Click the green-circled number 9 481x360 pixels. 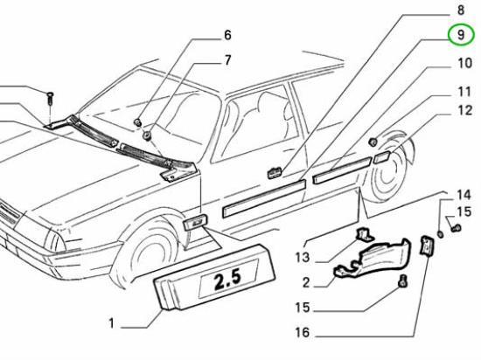pyautogui.click(x=461, y=35)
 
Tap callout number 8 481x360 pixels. pyautogui.click(x=461, y=10)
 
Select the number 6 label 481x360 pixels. pyautogui.click(x=227, y=35)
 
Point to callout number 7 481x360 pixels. pyautogui.click(x=227, y=60)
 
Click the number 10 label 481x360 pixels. pyautogui.click(x=464, y=63)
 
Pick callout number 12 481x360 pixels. pyautogui.click(x=464, y=110)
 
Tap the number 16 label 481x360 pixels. pyautogui.click(x=303, y=332)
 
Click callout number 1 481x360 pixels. pyautogui.click(x=111, y=323)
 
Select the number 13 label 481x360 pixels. pyautogui.click(x=303, y=258)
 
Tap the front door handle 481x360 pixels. pyautogui.click(x=275, y=172)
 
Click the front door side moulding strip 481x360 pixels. pyautogui.click(x=264, y=198)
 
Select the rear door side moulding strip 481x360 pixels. pyautogui.click(x=341, y=170)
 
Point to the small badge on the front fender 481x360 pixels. pyautogui.click(x=195, y=223)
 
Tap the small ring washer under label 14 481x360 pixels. pyautogui.click(x=440, y=234)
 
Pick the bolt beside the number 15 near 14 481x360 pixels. pyautogui.click(x=456, y=228)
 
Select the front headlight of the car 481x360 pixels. pyautogui.click(x=54, y=241)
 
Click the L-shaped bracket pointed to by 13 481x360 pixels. pyautogui.click(x=364, y=234)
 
